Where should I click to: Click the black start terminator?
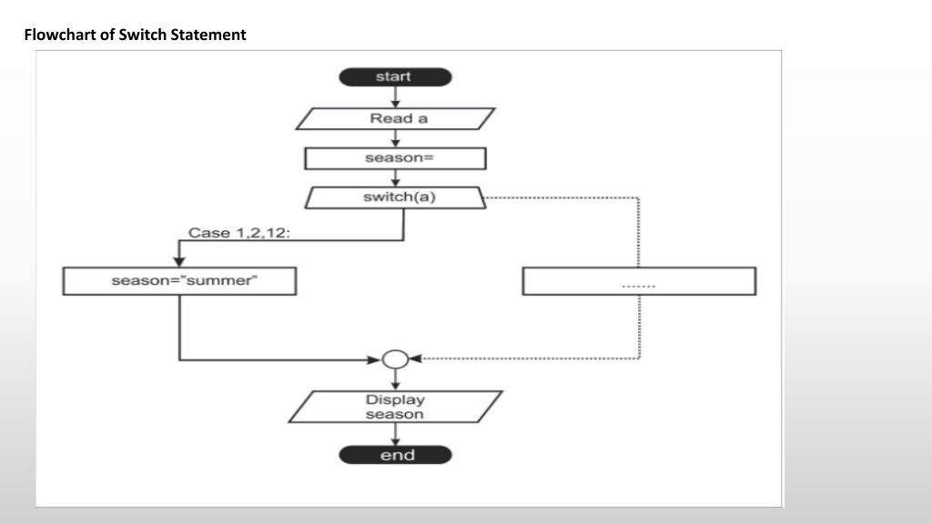point(395,76)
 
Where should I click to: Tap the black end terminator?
point(395,455)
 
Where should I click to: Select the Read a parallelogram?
point(395,119)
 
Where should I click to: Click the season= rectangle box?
point(395,158)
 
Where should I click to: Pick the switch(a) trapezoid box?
point(395,197)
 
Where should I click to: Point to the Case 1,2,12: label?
point(239,233)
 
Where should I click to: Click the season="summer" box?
point(179,281)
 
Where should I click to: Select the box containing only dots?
point(639,281)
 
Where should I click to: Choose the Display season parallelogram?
point(395,407)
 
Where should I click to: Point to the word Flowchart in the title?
point(61,35)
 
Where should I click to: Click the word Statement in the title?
point(208,35)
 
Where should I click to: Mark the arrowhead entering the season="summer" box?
point(179,262)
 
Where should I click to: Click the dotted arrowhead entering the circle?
point(415,358)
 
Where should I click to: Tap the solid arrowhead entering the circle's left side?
point(374,359)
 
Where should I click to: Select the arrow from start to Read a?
point(395,97)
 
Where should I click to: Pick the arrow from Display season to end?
point(395,434)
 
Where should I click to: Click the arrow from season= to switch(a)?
point(395,178)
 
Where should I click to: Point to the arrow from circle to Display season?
point(395,379)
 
